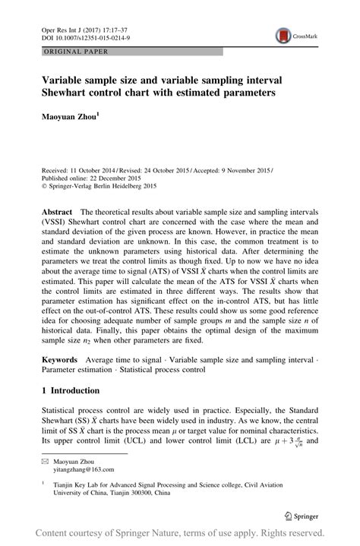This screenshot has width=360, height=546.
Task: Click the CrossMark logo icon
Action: coord(283,36)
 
